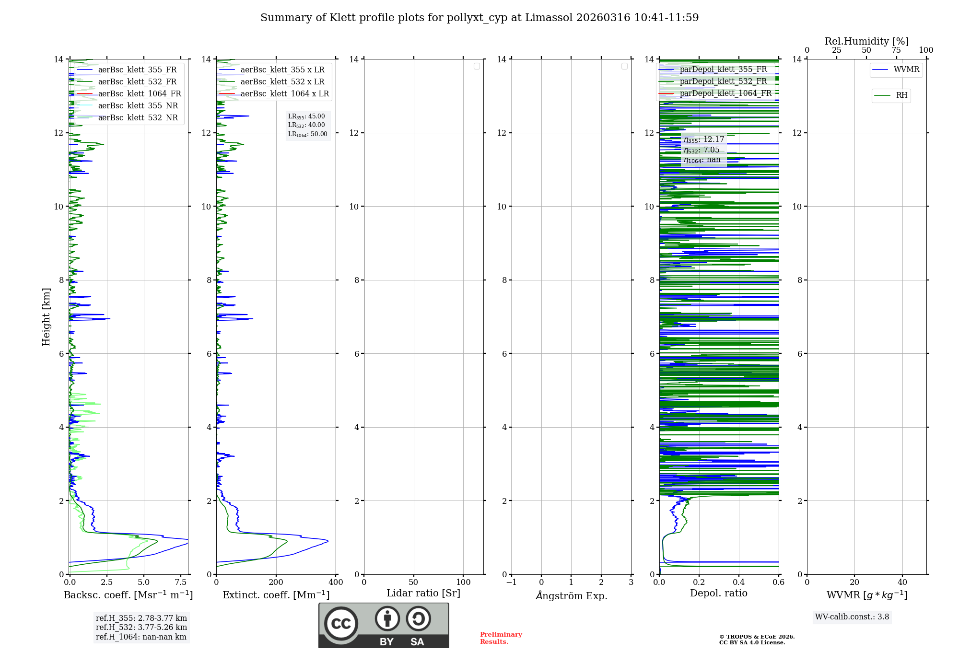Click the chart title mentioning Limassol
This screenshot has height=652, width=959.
click(x=479, y=18)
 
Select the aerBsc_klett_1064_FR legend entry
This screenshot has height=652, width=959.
click(x=139, y=94)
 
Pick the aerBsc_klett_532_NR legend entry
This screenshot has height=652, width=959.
click(x=138, y=118)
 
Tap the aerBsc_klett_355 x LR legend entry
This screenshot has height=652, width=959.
click(x=282, y=70)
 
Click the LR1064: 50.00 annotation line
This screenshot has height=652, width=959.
click(x=307, y=134)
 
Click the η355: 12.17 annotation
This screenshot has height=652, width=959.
click(x=704, y=140)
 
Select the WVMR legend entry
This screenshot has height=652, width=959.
click(x=906, y=70)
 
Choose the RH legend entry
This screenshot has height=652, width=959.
click(x=901, y=95)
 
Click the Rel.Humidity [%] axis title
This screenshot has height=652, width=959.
click(x=866, y=41)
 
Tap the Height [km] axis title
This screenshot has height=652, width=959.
click(x=46, y=316)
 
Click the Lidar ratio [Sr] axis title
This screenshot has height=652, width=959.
click(x=423, y=594)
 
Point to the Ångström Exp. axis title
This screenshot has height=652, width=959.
click(x=572, y=595)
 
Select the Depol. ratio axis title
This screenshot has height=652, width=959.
click(x=718, y=594)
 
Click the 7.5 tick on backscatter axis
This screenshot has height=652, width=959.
click(x=181, y=582)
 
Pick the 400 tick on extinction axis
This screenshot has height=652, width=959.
click(x=336, y=582)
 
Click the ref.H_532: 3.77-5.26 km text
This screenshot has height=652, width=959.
click(x=141, y=628)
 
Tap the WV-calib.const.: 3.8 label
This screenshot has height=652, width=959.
click(x=852, y=617)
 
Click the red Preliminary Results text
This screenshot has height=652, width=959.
click(x=501, y=638)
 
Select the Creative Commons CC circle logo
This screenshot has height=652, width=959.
click(x=341, y=624)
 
